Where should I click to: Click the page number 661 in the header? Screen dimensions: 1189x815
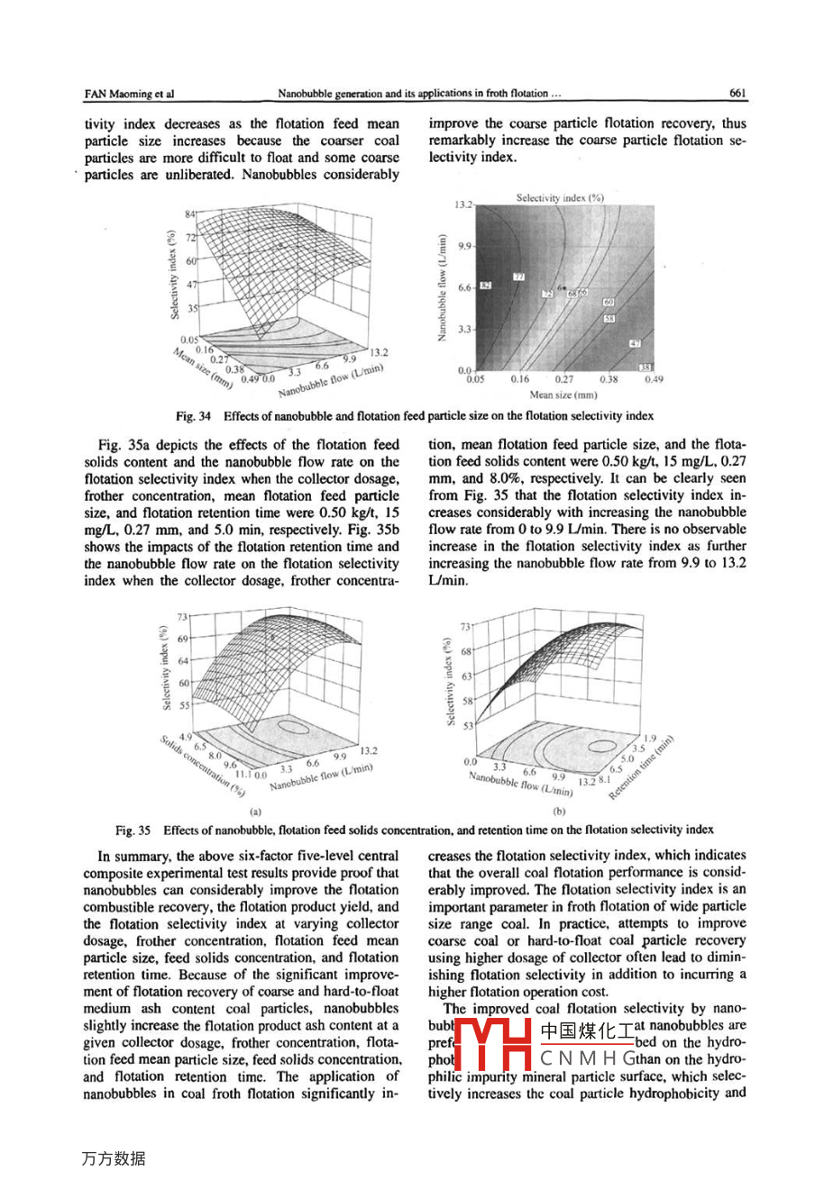click(x=737, y=93)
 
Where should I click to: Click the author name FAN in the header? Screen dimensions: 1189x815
click(x=95, y=93)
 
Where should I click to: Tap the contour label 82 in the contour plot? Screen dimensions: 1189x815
click(x=485, y=286)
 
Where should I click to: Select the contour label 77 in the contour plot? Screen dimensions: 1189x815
click(x=519, y=277)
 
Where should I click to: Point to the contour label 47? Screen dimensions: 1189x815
click(x=635, y=343)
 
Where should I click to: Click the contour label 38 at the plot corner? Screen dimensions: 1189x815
click(x=646, y=367)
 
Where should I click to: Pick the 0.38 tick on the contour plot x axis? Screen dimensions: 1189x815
click(x=609, y=379)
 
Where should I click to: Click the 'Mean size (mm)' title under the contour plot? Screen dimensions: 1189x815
click(x=563, y=395)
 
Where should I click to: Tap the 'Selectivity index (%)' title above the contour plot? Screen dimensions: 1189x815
click(x=560, y=196)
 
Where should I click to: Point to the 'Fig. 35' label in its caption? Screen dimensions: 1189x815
click(x=132, y=830)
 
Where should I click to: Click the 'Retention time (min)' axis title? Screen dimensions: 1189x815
click(x=642, y=766)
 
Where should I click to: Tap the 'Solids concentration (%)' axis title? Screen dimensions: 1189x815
click(x=204, y=765)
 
